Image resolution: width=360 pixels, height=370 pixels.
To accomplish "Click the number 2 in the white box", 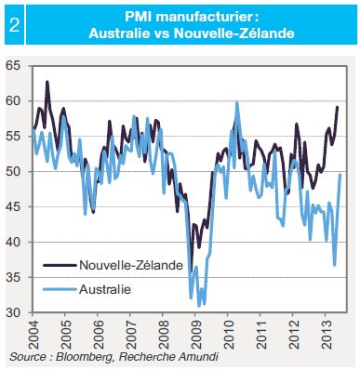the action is point(14,25).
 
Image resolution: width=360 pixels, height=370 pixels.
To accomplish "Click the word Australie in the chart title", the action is point(119,33).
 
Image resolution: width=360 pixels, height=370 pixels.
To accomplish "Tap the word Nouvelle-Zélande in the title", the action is point(233,33).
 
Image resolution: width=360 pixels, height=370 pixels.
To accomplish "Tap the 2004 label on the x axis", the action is point(33,335).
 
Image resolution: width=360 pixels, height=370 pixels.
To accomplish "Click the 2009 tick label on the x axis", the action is point(195,335).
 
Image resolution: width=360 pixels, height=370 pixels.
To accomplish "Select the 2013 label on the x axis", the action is point(326,335).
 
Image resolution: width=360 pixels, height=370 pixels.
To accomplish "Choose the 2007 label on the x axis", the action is point(130,335).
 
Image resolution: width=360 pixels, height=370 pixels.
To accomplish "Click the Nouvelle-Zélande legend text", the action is point(131,265).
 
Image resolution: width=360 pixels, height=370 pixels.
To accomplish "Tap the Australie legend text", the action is point(105,289).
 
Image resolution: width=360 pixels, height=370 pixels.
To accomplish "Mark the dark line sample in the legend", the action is point(60,265).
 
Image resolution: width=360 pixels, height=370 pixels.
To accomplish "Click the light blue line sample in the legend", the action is point(60,289).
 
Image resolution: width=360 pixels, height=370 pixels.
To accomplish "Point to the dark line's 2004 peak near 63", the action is point(47,82).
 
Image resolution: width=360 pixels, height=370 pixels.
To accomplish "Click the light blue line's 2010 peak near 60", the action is point(237,102).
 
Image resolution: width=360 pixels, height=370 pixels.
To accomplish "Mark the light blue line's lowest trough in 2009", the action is point(199,306).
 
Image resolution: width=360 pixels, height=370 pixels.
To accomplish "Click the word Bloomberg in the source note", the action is point(84,357).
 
